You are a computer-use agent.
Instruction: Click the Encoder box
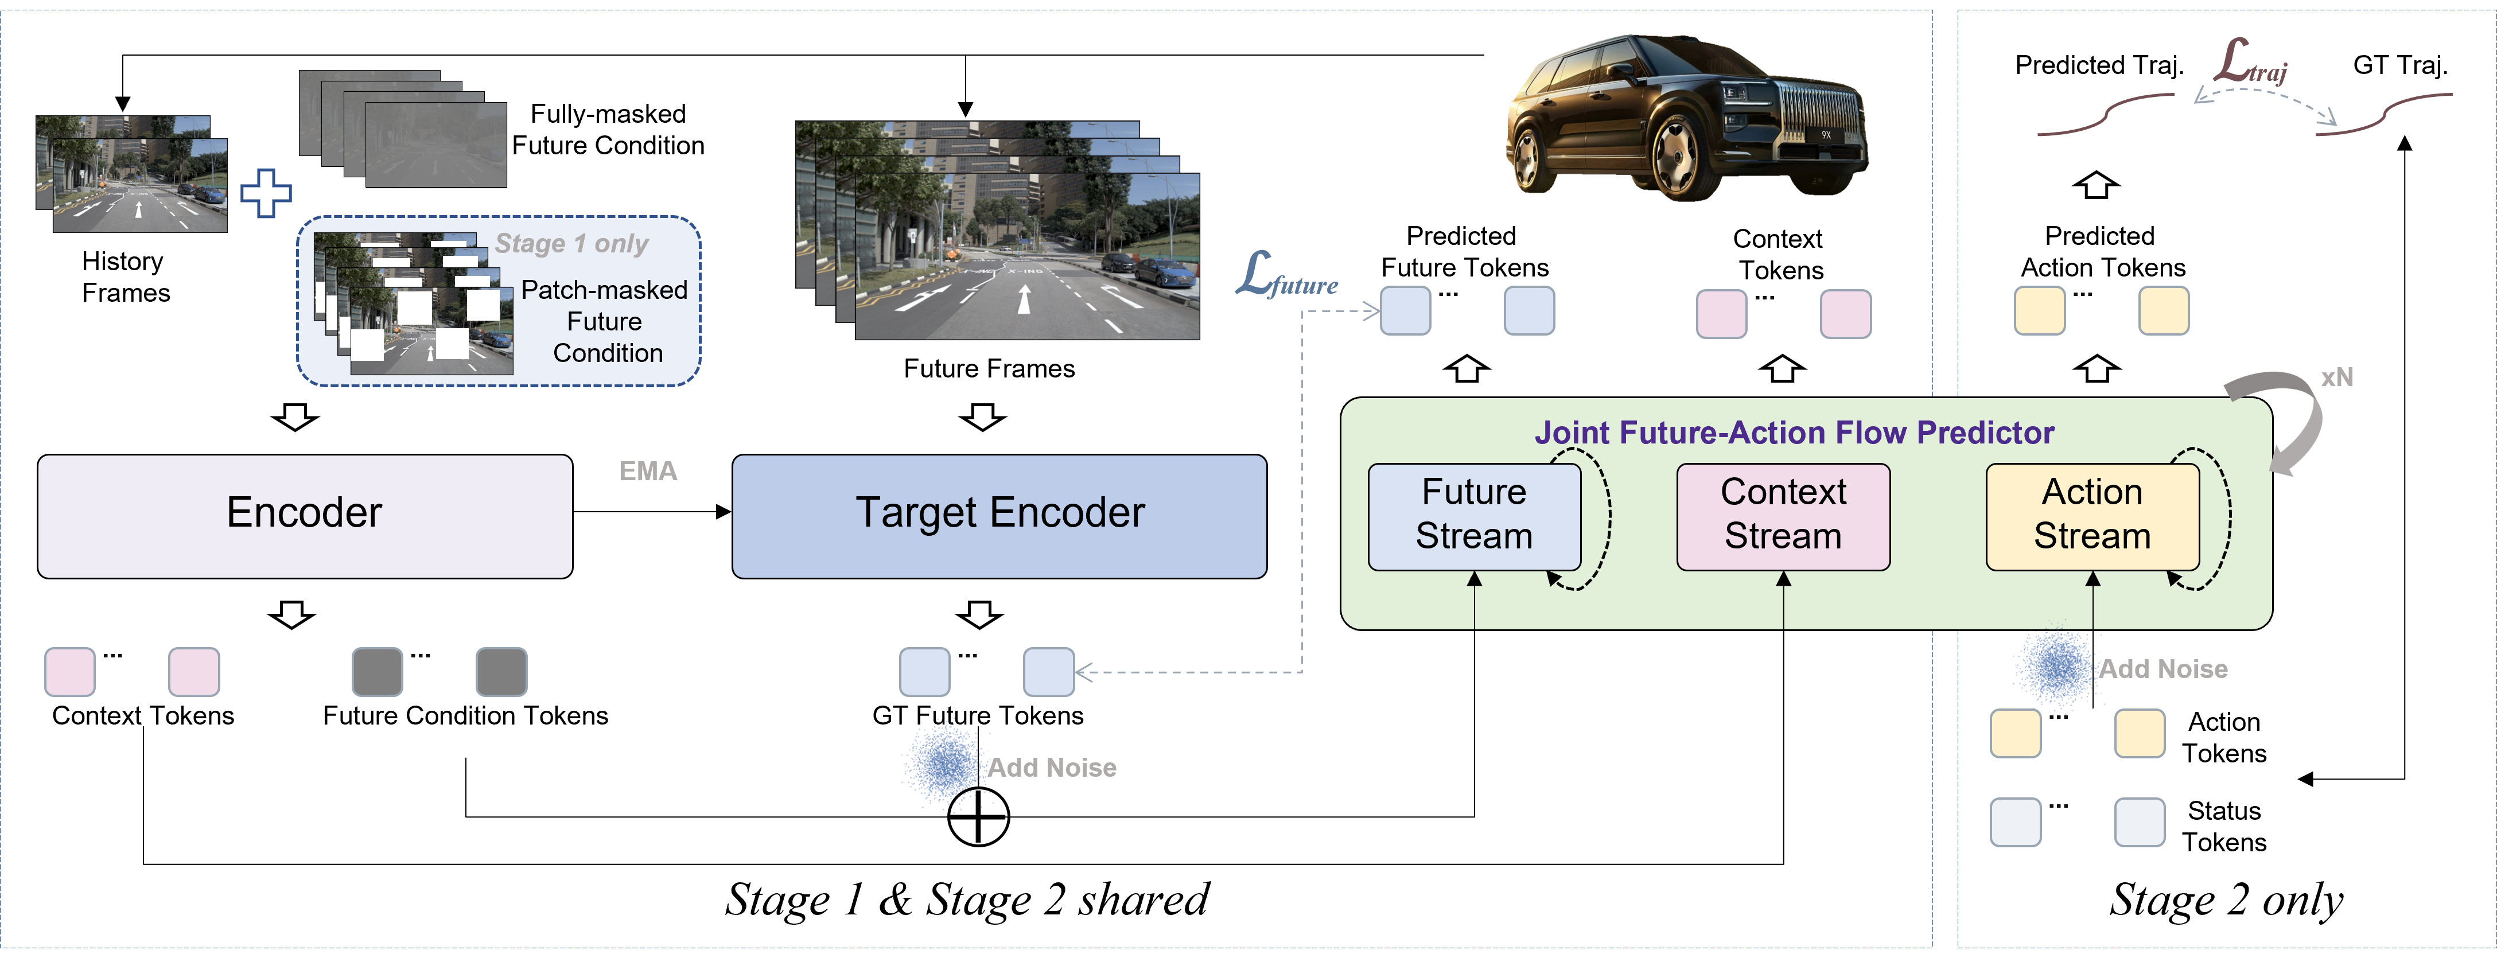click(x=304, y=516)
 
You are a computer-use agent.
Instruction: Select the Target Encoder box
click(x=999, y=516)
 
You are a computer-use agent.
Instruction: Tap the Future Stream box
click(x=1475, y=516)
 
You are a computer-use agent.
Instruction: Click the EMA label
click(x=648, y=471)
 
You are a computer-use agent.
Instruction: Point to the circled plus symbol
click(x=978, y=816)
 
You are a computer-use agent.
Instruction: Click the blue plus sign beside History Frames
click(x=266, y=193)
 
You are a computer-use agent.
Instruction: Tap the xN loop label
click(x=2337, y=377)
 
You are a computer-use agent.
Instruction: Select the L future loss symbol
click(x=1286, y=275)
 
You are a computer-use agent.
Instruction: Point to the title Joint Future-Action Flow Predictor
click(x=1794, y=433)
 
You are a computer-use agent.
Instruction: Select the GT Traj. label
click(x=2400, y=65)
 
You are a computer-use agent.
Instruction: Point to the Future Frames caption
click(x=989, y=368)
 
